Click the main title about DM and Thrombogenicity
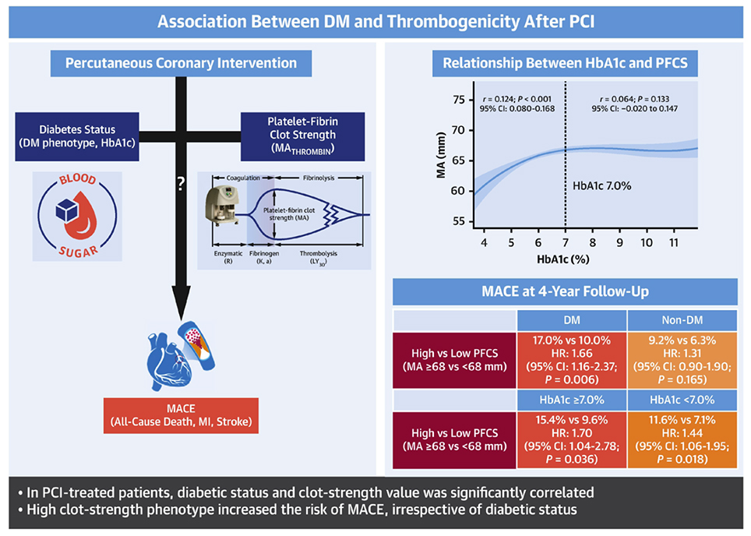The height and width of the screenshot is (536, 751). coord(375,20)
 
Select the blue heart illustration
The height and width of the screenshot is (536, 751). coord(168,354)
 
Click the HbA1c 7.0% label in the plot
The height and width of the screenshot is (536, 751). coord(602,186)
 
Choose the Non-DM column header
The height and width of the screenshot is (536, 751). coord(679,319)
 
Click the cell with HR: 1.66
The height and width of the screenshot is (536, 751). coord(572,360)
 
